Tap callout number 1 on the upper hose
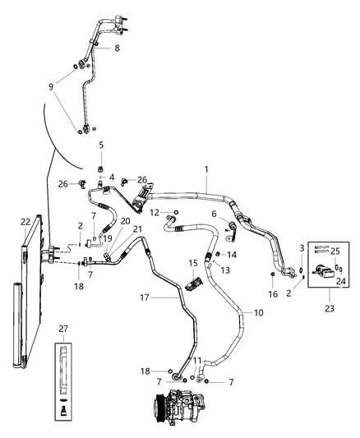tap(206, 168)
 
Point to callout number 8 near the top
tap(116, 48)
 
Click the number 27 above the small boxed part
tap(63, 329)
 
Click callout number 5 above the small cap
tap(101, 145)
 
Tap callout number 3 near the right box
tap(302, 247)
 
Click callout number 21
tap(137, 230)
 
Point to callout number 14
tap(232, 255)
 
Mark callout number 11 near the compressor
tap(196, 361)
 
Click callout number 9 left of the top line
tap(53, 85)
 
